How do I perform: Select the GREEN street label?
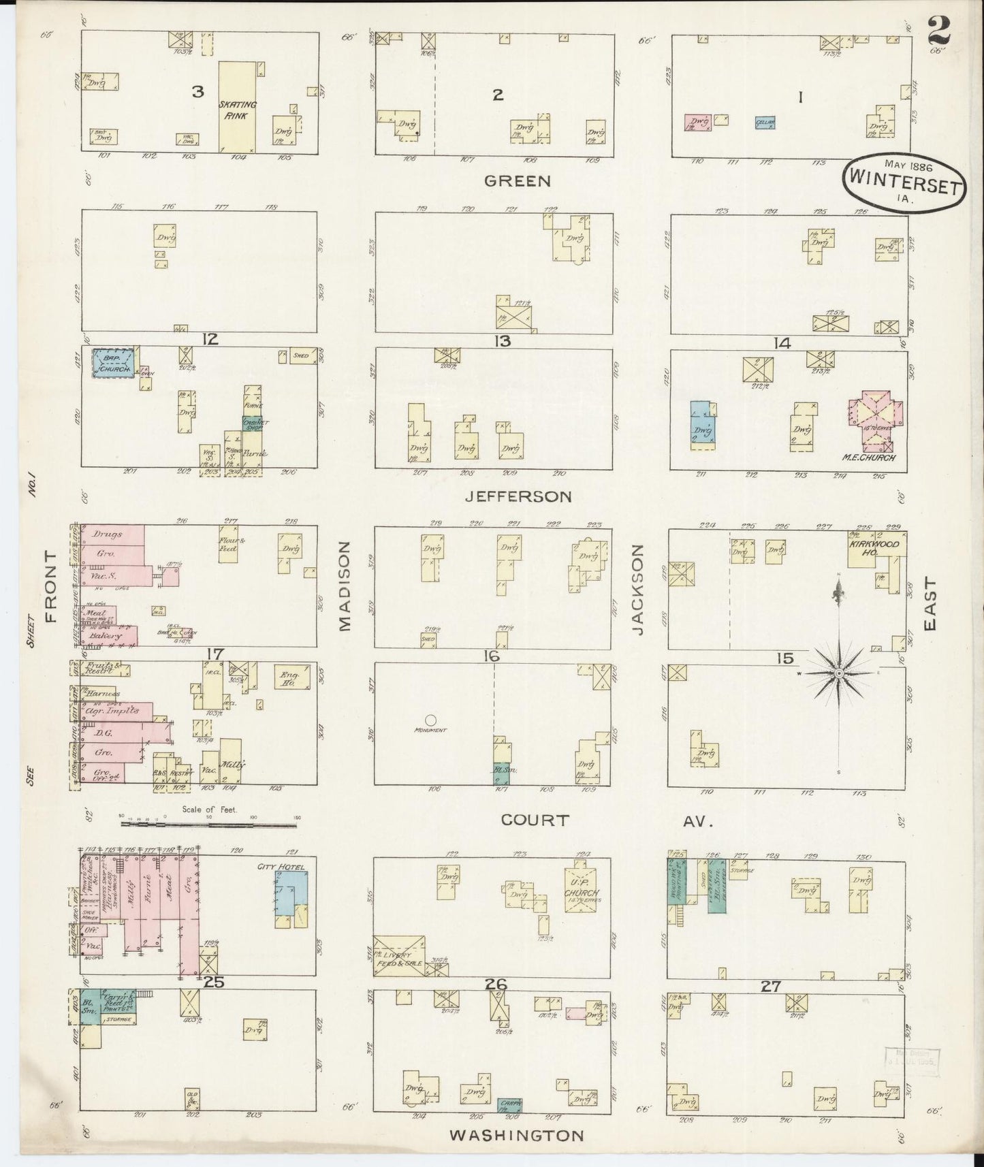pos(517,181)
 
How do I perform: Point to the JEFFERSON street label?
pos(518,497)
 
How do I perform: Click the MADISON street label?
pos(345,586)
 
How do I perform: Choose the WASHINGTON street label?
pos(516,1136)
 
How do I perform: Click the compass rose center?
pos(840,673)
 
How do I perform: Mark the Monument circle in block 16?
pos(430,719)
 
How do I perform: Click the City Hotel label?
pos(280,867)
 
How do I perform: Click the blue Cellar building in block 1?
pos(765,123)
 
